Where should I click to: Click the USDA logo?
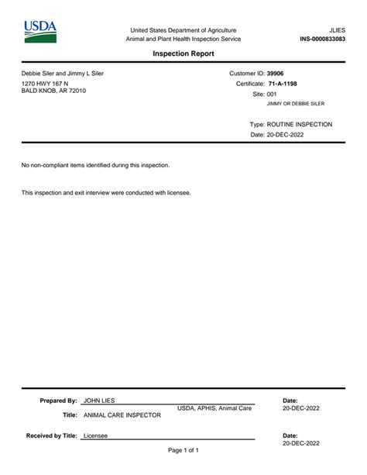pos(39,32)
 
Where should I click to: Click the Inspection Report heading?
pos(183,53)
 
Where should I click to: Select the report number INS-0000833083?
pos(322,39)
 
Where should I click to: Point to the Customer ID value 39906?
pos(276,73)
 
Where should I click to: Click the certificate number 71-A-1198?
pos(284,83)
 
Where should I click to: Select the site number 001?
pos(272,93)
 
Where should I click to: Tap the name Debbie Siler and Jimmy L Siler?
pos(62,74)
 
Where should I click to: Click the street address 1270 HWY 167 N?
pos(45,83)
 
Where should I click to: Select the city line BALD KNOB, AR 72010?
pos(53,91)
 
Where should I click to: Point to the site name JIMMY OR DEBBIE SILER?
pos(296,103)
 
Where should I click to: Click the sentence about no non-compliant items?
pos(95,165)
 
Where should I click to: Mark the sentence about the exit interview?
pos(105,192)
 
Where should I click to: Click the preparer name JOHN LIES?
pos(98,401)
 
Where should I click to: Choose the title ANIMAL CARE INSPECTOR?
pos(122,415)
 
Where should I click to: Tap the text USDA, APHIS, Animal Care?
pos(214,408)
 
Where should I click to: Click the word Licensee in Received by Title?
pos(95,436)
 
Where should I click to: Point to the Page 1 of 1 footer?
pos(183,450)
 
